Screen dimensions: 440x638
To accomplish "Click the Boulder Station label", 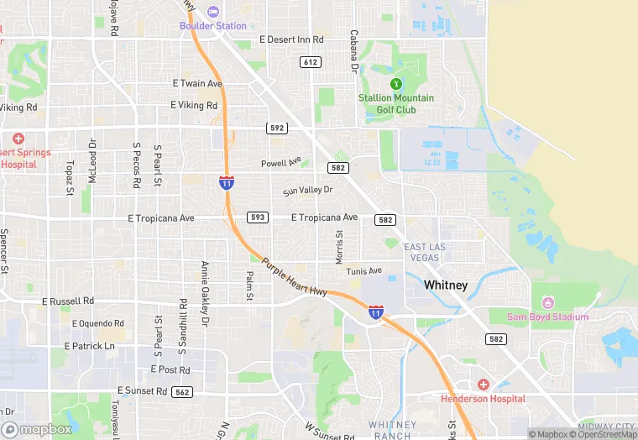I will point(213,25).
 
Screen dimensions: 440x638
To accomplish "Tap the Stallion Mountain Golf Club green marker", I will point(395,83).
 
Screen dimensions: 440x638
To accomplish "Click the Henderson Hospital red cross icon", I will point(484,385).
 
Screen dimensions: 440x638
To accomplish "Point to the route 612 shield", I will point(311,62).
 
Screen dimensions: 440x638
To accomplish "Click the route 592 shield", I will point(277,128).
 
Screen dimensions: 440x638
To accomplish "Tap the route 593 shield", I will point(258,217).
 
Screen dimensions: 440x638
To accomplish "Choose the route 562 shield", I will point(182,392).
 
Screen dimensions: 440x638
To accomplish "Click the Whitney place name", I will point(446,285).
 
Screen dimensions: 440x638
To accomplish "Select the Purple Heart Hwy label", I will point(294,276).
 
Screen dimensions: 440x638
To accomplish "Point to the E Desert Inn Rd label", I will point(291,39).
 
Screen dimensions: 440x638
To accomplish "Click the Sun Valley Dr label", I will point(308,191).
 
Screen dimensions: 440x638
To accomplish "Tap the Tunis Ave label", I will point(363,271).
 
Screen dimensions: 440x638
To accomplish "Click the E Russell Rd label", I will point(69,301).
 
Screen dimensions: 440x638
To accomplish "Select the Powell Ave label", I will point(280,163).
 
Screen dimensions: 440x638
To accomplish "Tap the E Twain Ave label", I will point(197,84).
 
